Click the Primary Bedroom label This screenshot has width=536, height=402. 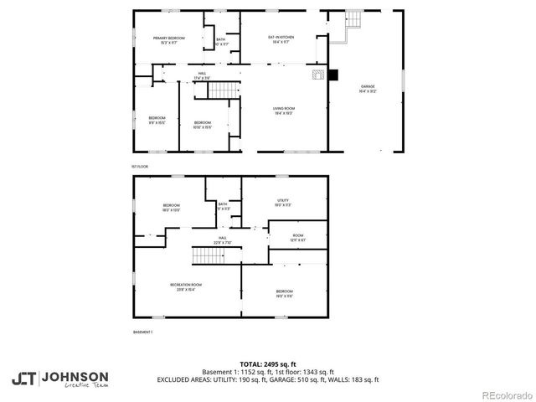(x=169, y=39)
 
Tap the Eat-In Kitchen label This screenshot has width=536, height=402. (x=280, y=37)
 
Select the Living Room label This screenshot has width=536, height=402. (x=284, y=109)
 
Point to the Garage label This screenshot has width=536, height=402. (x=368, y=86)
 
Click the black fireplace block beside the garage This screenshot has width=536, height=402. (x=332, y=75)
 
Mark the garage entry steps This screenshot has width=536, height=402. (x=353, y=25)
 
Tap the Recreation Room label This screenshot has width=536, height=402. (x=186, y=285)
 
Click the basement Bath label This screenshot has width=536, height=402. (x=223, y=204)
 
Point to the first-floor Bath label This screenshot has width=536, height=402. (x=220, y=39)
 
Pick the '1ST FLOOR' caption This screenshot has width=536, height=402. (x=140, y=167)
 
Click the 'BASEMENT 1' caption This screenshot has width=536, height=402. (x=143, y=332)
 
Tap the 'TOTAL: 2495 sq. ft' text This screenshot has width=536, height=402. (x=267, y=364)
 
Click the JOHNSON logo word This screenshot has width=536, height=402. (x=75, y=376)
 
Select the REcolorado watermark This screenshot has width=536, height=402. (x=502, y=394)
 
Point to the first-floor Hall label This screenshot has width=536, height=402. (x=202, y=74)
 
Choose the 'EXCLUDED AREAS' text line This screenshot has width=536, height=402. (x=267, y=379)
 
